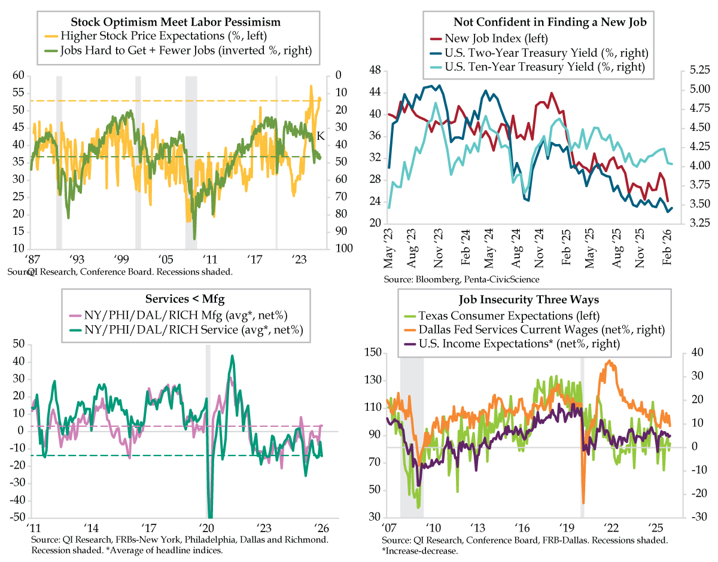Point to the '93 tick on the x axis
point(77,260)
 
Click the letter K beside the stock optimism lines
point(321,136)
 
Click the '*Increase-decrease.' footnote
point(416,551)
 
